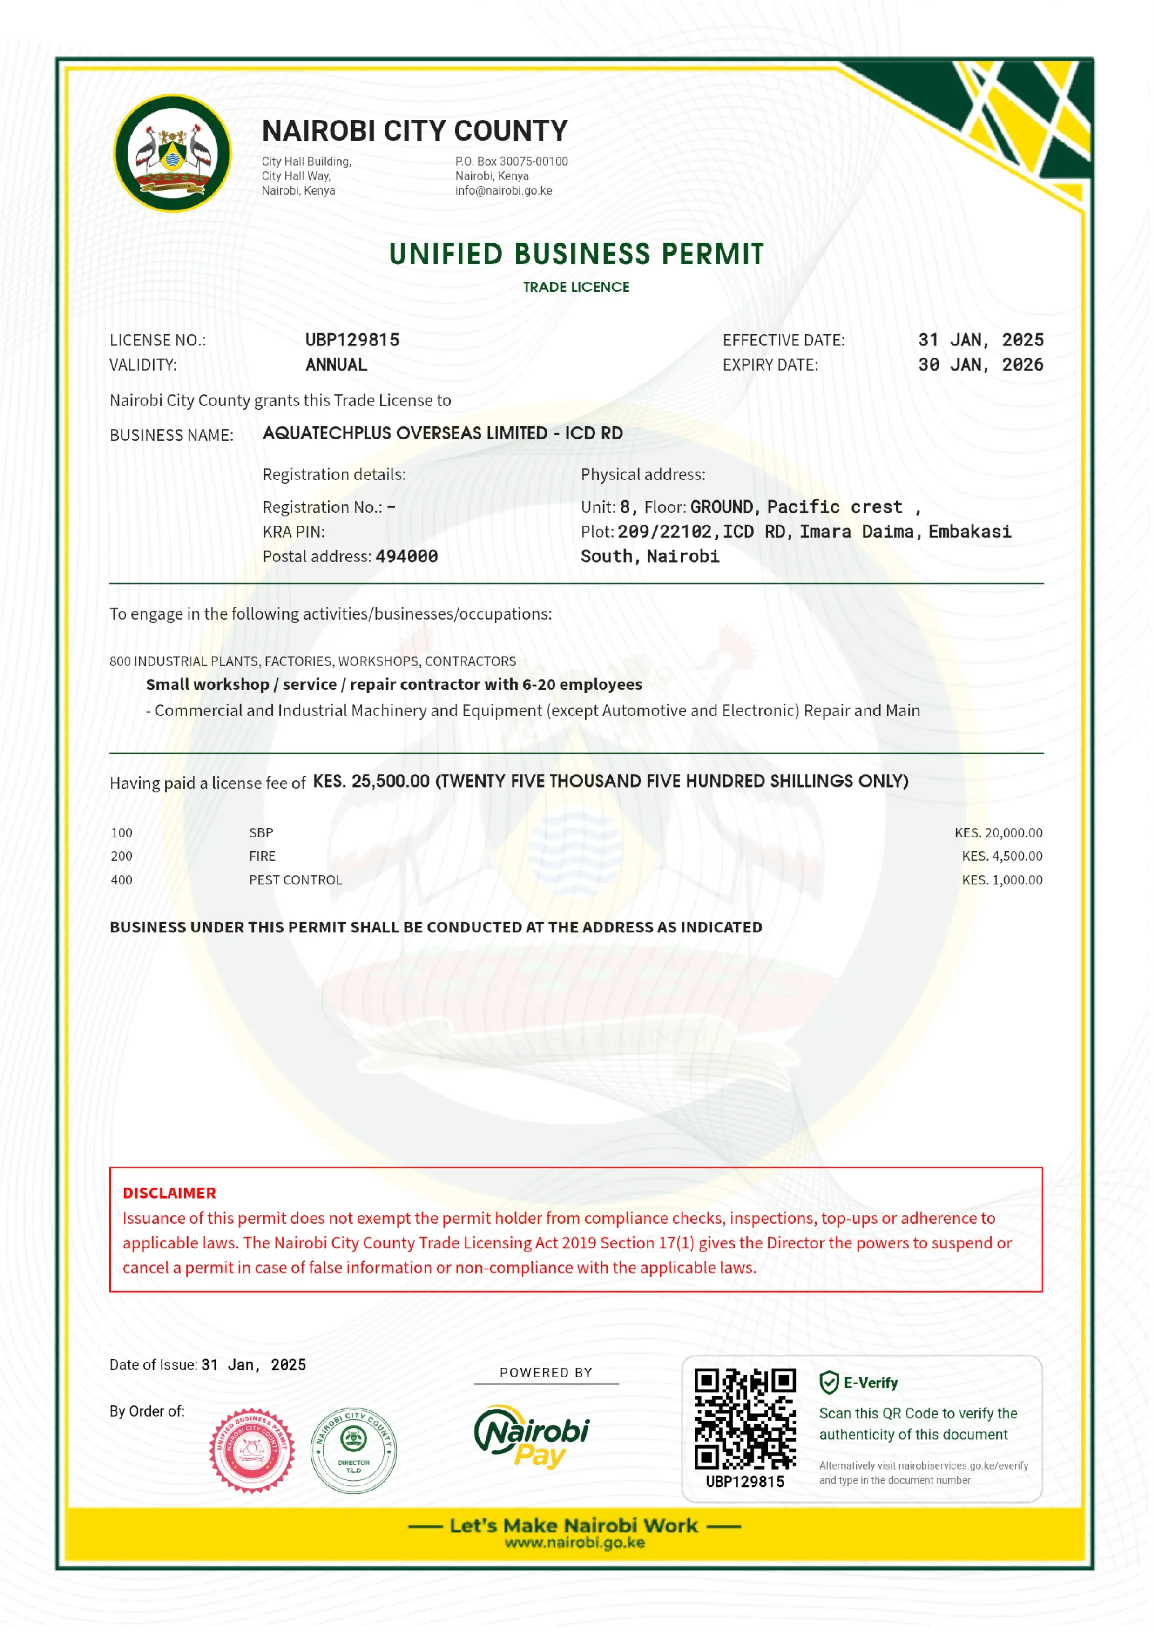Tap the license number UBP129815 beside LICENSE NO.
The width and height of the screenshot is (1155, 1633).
(352, 340)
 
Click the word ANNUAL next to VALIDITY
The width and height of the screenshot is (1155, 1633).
(337, 365)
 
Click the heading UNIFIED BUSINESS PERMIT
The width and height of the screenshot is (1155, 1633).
(576, 254)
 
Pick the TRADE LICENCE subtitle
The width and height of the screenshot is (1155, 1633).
(576, 287)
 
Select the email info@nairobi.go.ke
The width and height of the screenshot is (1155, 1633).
(504, 190)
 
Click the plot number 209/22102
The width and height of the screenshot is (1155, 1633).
(664, 532)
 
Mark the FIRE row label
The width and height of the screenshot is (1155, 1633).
(262, 857)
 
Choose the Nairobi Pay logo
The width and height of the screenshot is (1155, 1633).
(532, 1437)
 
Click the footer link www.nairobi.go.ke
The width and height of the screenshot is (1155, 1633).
(574, 1543)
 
